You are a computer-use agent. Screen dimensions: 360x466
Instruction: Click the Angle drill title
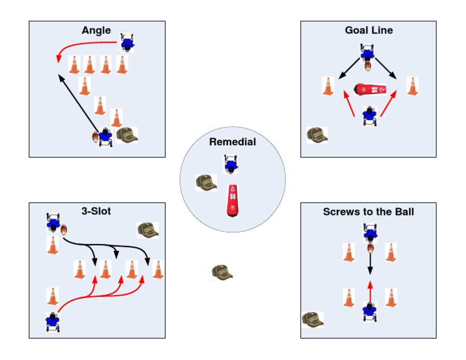coord(97,30)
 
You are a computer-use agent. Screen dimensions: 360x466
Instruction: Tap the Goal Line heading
coord(368,30)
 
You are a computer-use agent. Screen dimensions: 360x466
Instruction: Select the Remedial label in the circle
coord(232,142)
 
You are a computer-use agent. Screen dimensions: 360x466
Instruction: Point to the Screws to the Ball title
coord(368,211)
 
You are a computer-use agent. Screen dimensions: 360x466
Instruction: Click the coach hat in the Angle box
coord(127,135)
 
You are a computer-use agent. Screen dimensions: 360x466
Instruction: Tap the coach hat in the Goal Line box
coord(317,135)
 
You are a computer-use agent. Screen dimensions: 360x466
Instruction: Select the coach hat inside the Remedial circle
coord(206,182)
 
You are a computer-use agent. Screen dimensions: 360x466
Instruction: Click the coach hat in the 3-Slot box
coord(147,229)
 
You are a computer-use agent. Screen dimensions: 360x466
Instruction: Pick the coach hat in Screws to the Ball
coord(312,319)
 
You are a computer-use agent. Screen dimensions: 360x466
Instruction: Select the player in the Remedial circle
coord(231,164)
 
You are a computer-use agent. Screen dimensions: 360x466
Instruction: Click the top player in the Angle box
coord(127,42)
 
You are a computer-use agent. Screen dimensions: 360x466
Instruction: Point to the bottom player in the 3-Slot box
coord(53,321)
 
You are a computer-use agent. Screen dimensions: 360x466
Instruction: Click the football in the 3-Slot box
coord(64,230)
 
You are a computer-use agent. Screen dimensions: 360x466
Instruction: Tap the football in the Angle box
coord(95,137)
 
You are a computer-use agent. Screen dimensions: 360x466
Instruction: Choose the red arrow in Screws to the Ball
coord(370,290)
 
